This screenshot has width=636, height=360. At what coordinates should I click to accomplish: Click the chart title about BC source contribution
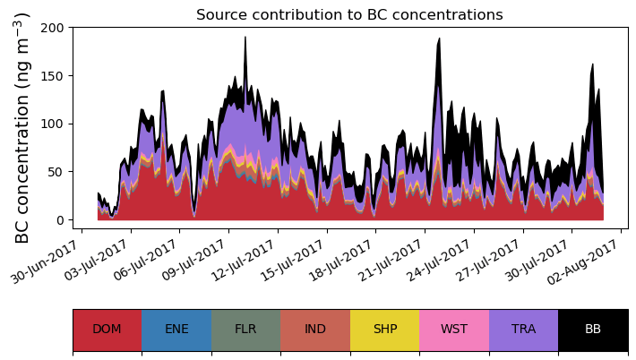click(349, 14)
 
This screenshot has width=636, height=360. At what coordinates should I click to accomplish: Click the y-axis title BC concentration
click(23, 127)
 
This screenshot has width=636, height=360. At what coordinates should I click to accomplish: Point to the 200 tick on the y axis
click(53, 28)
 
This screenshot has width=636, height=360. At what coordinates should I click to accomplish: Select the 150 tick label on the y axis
click(53, 76)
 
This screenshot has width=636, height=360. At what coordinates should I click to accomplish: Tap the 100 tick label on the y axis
click(53, 124)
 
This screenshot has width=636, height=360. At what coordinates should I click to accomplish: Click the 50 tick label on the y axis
click(56, 172)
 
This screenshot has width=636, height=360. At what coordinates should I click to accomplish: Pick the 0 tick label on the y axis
click(60, 220)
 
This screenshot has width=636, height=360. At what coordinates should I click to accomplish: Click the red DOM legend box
click(107, 329)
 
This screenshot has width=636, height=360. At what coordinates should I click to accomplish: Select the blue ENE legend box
click(176, 329)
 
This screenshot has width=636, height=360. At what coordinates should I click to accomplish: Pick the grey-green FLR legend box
click(245, 329)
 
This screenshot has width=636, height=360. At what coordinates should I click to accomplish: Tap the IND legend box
click(315, 329)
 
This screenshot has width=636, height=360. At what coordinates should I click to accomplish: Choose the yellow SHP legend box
click(384, 329)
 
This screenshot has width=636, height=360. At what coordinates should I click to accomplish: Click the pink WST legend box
click(454, 329)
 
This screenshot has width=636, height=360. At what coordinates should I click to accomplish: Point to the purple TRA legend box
click(523, 329)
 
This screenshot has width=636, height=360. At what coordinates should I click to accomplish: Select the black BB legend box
click(593, 329)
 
